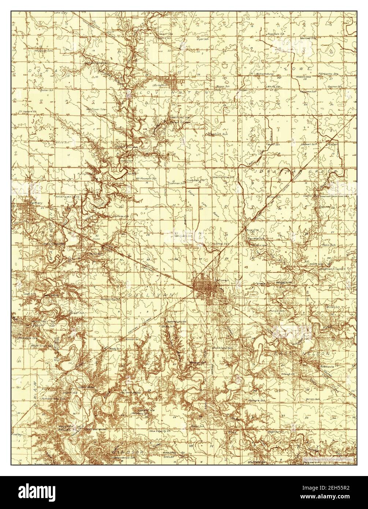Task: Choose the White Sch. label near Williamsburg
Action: click(274, 87)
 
